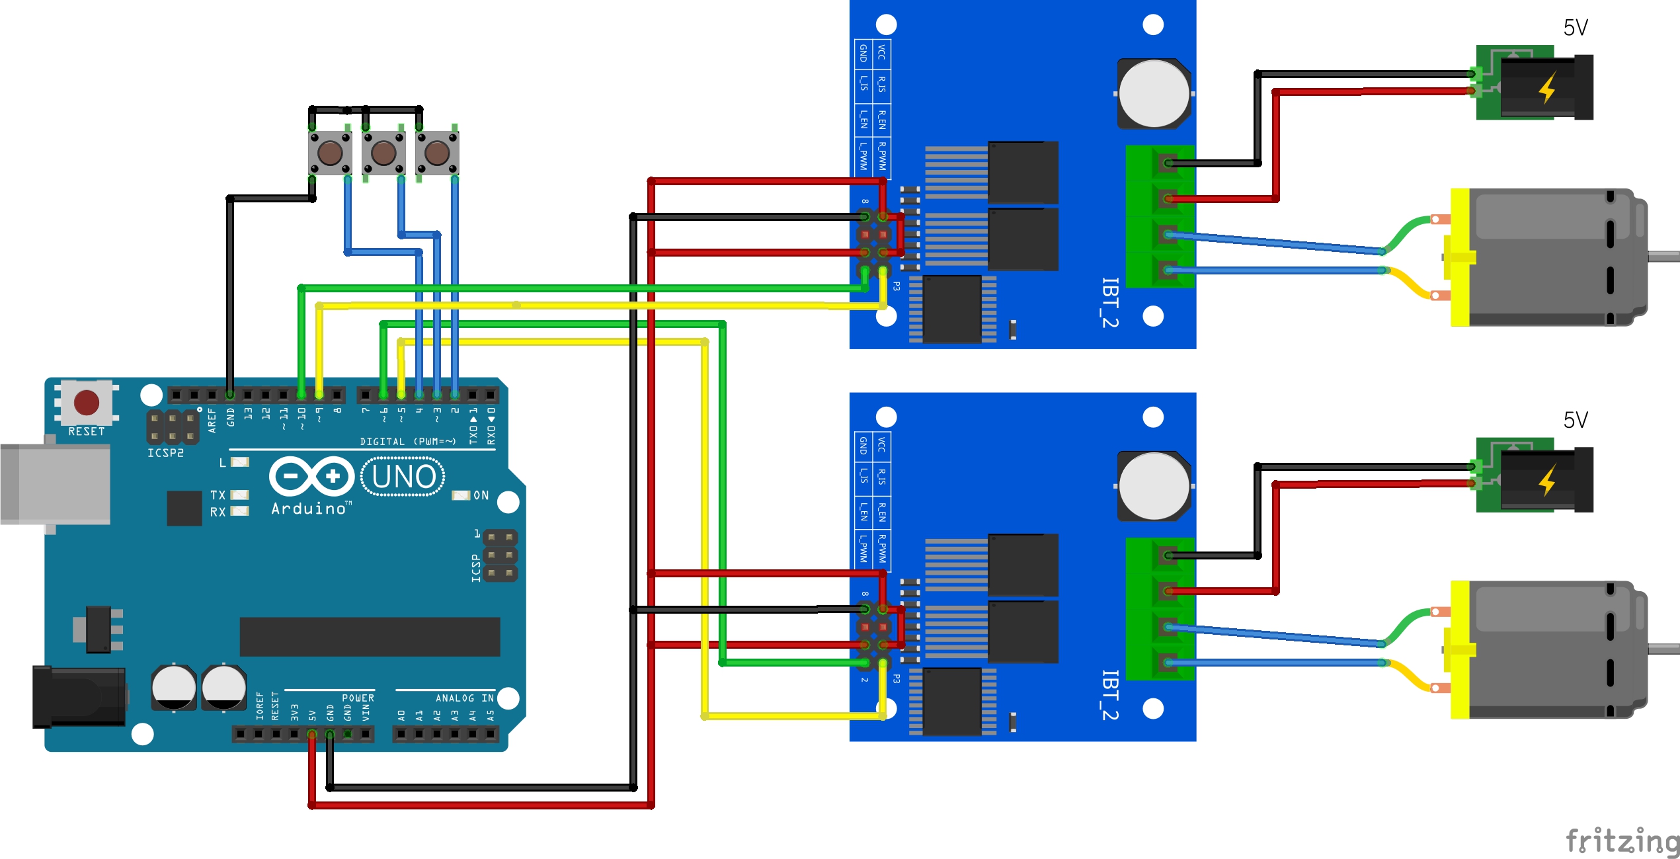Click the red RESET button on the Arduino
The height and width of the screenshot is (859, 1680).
tap(87, 402)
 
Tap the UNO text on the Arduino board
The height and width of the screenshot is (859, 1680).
tap(403, 477)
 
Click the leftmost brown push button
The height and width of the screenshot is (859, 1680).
tap(330, 153)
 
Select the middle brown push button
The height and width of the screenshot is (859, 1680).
tap(383, 153)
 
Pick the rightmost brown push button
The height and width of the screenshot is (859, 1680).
tap(437, 153)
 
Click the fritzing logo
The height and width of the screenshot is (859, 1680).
tap(1621, 840)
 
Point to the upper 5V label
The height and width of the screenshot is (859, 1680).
tap(1575, 28)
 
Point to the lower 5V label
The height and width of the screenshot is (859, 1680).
tap(1575, 420)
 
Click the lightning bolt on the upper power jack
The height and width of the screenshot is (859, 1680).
tap(1547, 88)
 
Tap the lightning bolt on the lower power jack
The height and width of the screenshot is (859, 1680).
tap(1547, 480)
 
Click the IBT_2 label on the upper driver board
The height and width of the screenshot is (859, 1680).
tap(1110, 302)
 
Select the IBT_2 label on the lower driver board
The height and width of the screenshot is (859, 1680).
tap(1110, 695)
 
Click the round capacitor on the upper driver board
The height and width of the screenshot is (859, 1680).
tap(1154, 93)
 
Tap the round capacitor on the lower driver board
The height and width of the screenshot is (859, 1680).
tap(1154, 486)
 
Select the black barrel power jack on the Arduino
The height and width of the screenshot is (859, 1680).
tap(79, 697)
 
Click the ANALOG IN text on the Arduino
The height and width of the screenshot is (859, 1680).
tap(464, 698)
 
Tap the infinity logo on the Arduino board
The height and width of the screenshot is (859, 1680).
tap(311, 476)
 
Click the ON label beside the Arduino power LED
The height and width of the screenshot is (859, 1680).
tap(481, 495)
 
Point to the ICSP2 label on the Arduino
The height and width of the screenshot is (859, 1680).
tap(165, 453)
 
